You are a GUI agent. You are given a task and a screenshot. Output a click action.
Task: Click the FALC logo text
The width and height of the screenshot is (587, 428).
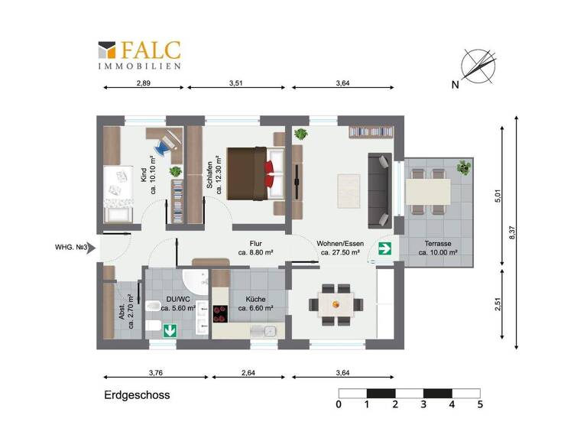pos(150,50)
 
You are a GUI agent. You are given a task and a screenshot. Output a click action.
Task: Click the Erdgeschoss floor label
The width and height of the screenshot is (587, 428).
pos(137,395)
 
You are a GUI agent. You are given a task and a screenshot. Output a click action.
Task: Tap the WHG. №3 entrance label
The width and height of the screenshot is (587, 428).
pos(73,248)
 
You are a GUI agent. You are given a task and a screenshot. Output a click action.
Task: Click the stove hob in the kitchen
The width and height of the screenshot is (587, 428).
pos(221,313)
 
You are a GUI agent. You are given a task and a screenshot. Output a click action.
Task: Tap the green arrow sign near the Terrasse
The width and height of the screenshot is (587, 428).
pos(385,248)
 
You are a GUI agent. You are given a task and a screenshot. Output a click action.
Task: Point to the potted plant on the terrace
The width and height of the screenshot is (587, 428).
pos(463,167)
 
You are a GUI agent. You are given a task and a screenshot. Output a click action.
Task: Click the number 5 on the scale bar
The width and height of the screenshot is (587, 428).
pos(480,405)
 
